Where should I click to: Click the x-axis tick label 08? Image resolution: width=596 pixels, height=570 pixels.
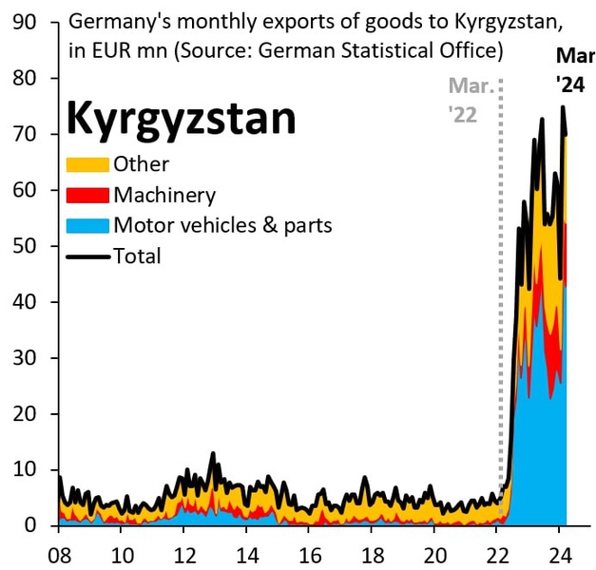click(x=59, y=552)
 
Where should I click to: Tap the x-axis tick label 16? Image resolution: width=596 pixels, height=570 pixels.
click(x=309, y=552)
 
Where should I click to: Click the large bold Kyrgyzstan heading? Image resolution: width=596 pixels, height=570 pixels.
click(x=181, y=121)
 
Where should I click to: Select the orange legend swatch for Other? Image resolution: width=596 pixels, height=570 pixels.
click(x=87, y=165)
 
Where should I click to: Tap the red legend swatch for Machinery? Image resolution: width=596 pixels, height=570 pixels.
click(x=87, y=196)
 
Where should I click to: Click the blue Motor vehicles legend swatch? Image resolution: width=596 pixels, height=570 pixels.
click(x=87, y=226)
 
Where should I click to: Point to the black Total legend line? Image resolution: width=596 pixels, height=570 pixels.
click(x=87, y=256)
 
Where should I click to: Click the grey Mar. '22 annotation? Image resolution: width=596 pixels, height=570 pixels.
click(x=471, y=100)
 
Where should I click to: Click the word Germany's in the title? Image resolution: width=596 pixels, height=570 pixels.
click(x=114, y=21)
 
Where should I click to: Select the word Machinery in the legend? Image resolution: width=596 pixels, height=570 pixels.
click(x=164, y=196)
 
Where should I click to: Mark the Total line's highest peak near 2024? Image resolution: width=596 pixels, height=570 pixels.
click(x=563, y=106)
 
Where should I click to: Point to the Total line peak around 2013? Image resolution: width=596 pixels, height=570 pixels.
click(x=213, y=453)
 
